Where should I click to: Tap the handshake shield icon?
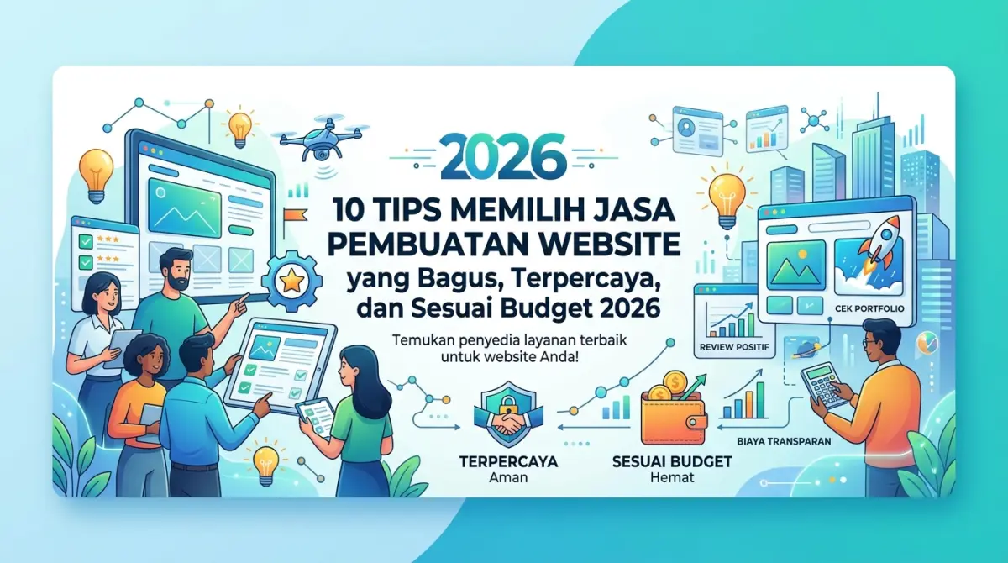(x=505, y=418)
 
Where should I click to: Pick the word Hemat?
(x=669, y=479)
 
